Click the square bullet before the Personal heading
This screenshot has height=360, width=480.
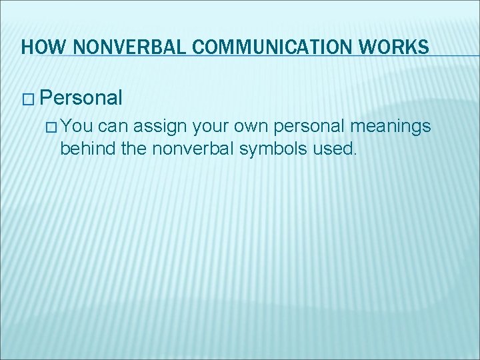click(x=27, y=99)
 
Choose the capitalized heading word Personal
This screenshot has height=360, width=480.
click(x=81, y=99)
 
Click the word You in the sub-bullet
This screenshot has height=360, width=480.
click(x=79, y=127)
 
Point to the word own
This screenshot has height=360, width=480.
click(x=250, y=127)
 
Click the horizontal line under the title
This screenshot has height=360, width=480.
click(x=267, y=56)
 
